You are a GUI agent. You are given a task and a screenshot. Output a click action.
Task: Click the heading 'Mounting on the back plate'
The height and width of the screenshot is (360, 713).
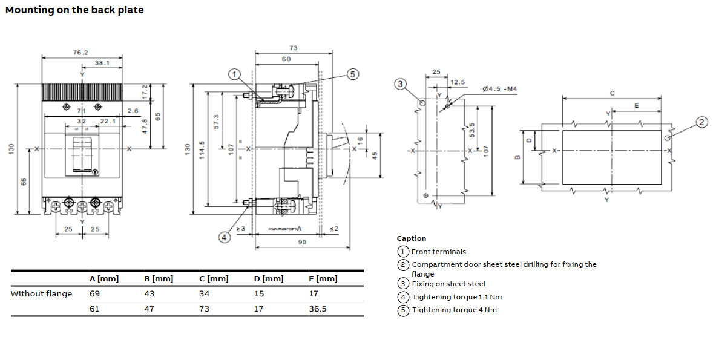click(x=74, y=10)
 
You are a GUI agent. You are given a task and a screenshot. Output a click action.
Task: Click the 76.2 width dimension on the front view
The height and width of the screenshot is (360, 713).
click(x=80, y=53)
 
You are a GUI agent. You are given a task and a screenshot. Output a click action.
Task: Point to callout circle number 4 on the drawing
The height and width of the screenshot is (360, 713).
click(x=224, y=237)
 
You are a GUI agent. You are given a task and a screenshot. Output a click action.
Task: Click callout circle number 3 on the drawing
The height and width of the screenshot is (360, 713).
click(x=400, y=84)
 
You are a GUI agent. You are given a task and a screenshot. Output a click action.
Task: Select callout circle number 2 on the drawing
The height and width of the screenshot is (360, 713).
click(x=701, y=122)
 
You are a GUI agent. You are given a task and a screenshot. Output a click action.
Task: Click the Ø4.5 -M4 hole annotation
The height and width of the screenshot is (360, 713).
click(x=500, y=89)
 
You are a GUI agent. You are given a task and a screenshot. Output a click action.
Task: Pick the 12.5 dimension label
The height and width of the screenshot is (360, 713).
click(x=458, y=82)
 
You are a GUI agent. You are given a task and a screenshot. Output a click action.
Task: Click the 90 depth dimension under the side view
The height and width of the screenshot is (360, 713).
click(x=302, y=242)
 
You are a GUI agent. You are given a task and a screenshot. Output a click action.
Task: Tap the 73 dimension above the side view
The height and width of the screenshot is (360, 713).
click(x=294, y=48)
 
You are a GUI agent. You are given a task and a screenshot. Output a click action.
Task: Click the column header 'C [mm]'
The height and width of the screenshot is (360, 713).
click(x=214, y=279)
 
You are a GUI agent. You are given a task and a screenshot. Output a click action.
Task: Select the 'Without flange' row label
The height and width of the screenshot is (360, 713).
click(x=41, y=294)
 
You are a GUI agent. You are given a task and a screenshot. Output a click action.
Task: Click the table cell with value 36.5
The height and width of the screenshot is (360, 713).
click(x=318, y=309)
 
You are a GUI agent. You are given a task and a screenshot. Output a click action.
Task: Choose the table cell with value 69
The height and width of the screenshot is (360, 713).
click(x=94, y=294)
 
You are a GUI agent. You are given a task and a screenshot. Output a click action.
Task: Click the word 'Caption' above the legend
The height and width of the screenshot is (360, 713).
click(x=412, y=238)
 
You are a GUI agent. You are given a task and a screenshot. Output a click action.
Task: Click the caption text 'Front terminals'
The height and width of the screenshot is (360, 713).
click(x=438, y=252)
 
